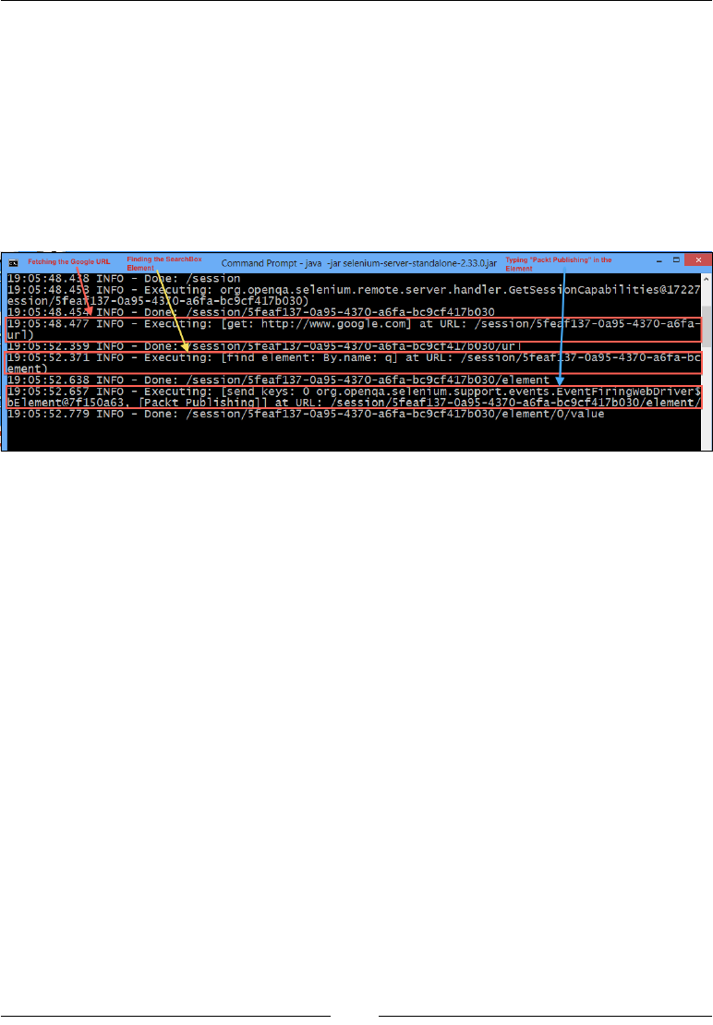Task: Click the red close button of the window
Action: (698, 260)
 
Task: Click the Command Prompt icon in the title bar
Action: (14, 263)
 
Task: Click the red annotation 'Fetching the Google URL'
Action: (68, 261)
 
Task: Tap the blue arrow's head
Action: (561, 380)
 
